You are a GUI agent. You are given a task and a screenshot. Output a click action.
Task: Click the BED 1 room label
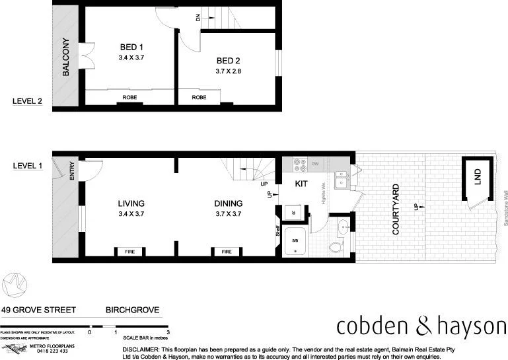pos(131,47)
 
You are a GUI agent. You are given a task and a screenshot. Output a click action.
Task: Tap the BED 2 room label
pos(229,61)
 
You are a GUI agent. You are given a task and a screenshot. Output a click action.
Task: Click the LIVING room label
pos(131,203)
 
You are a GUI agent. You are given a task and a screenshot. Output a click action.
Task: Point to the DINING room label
pos(229,203)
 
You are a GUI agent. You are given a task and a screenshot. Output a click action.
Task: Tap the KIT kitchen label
pos(302,183)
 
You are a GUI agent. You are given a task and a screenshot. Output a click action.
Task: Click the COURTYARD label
pos(396,209)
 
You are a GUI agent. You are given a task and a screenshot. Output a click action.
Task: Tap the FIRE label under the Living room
pos(130,252)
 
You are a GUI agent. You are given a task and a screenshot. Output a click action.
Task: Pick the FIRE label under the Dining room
pos(227,252)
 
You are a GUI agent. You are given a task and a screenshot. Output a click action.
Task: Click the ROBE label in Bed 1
pos(129,98)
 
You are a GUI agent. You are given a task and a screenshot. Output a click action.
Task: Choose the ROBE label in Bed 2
pos(199,98)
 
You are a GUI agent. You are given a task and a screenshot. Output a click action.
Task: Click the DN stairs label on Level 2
pos(198,18)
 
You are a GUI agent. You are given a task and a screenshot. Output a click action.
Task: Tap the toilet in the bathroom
pos(337,247)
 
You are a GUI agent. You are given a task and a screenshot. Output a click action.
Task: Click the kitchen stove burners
pos(297,162)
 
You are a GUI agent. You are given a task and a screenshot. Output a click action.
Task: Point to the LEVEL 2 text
pos(28,101)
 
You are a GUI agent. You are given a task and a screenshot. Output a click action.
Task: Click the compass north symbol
pos(14,285)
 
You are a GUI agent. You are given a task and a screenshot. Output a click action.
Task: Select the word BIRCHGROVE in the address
pos(132,309)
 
